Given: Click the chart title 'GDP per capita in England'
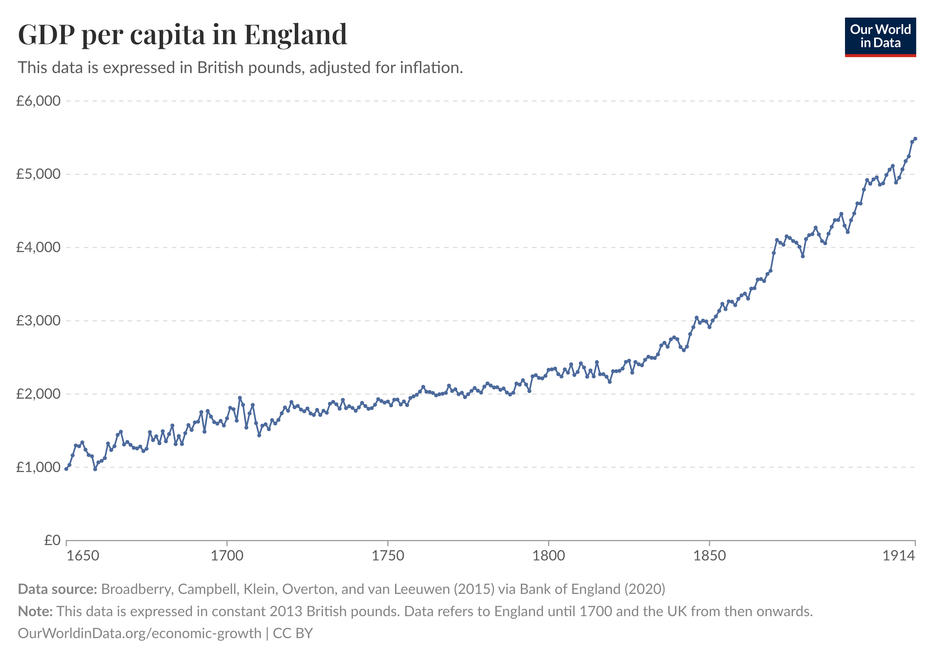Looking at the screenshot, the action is click(183, 35).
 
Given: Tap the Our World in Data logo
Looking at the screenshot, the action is click(880, 37).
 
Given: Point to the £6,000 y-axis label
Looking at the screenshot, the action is click(38, 101).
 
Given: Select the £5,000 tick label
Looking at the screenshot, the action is click(38, 174).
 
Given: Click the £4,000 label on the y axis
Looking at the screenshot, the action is click(38, 247).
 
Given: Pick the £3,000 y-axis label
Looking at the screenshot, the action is click(38, 321).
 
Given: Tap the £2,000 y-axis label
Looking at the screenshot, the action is click(38, 394).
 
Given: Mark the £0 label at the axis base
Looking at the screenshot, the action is click(52, 540).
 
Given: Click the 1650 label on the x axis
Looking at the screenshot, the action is click(83, 556).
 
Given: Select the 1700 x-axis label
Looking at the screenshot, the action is click(227, 556).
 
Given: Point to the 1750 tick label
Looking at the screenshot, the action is click(388, 556).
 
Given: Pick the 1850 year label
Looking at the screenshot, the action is click(710, 556).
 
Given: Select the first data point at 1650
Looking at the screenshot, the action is click(66, 469).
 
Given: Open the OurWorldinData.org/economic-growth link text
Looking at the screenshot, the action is click(140, 634).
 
